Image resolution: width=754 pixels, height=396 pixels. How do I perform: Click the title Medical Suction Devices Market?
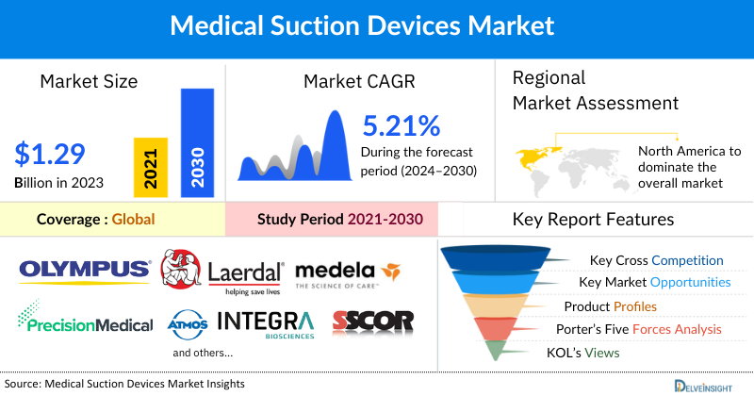[376, 25]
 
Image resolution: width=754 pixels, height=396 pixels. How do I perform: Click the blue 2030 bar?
[197, 142]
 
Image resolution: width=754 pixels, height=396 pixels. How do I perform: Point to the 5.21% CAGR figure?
[402, 125]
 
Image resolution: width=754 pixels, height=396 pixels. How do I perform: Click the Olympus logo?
[83, 271]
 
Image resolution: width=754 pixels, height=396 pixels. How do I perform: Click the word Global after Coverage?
[134, 219]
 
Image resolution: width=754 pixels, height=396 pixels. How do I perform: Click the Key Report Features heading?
[593, 219]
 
